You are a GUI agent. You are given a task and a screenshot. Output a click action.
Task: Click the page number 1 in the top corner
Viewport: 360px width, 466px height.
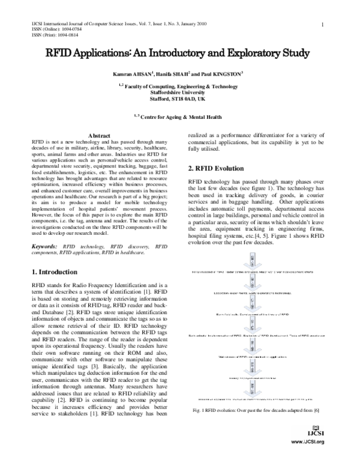pos(323,25)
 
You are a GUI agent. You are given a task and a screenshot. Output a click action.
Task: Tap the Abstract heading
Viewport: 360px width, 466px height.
pos(99,136)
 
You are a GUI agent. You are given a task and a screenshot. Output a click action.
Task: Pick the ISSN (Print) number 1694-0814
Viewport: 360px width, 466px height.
pos(60,34)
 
